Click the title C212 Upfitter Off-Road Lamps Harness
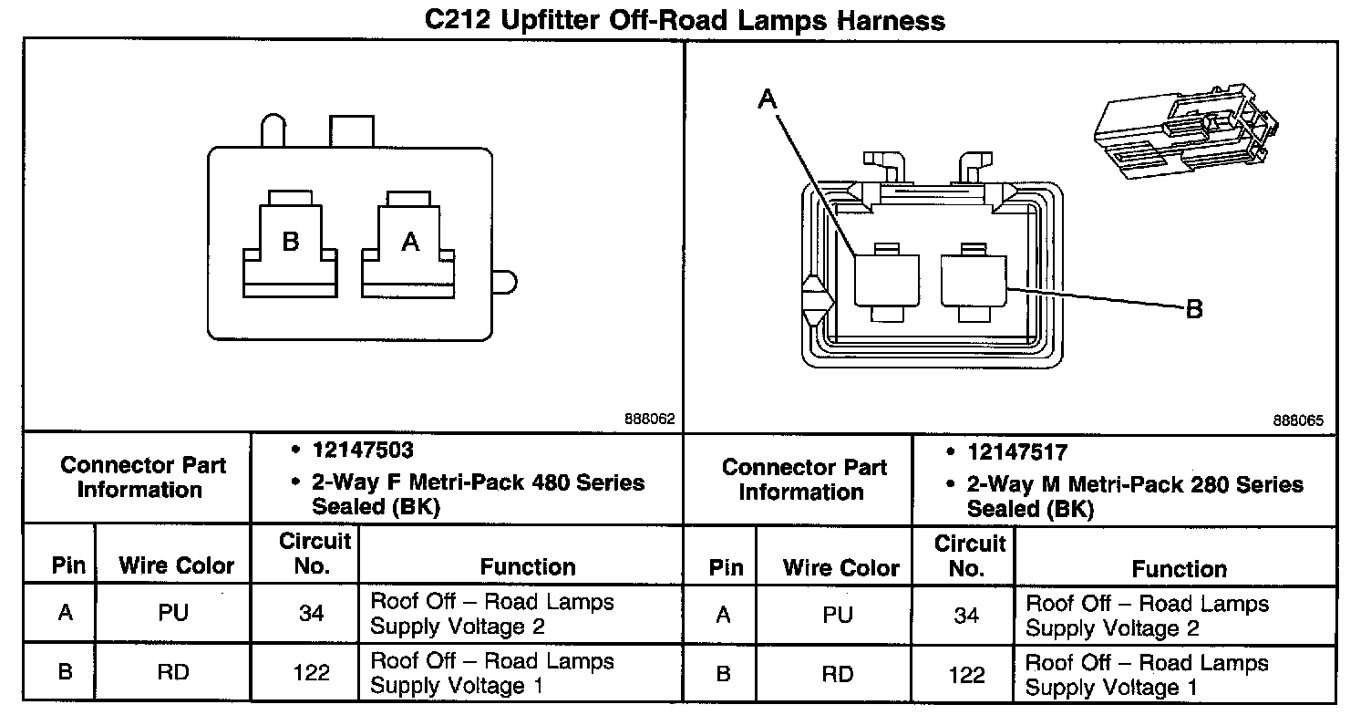point(685,19)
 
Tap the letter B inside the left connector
point(290,242)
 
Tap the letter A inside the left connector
point(411,242)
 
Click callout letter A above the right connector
point(768,99)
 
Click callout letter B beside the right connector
point(1193,310)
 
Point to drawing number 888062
point(649,420)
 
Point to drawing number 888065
point(1298,420)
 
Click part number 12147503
point(363,451)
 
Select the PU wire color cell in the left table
point(172,614)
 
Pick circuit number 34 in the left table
point(312,614)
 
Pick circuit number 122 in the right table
point(966,674)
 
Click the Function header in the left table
point(528,566)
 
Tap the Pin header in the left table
point(68,566)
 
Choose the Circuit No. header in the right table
point(968,555)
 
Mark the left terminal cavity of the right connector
point(885,280)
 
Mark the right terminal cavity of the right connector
point(973,280)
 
